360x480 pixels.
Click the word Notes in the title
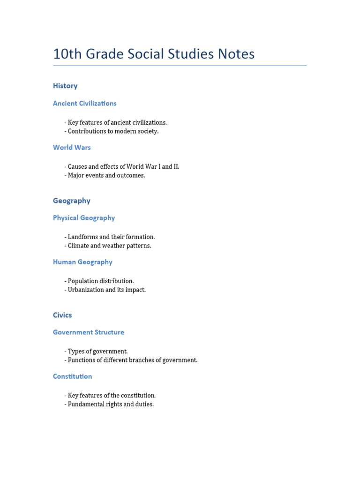point(234,54)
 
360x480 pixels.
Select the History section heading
point(65,86)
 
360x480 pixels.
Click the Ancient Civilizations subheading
point(85,103)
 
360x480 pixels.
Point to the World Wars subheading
point(72,147)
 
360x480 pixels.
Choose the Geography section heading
point(72,201)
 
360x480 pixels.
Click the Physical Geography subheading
point(84,217)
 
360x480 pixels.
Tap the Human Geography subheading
point(82,262)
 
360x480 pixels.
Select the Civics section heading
point(62,315)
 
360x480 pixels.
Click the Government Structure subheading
point(89,332)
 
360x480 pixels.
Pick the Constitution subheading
point(73,376)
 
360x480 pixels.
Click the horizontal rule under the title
point(180,66)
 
